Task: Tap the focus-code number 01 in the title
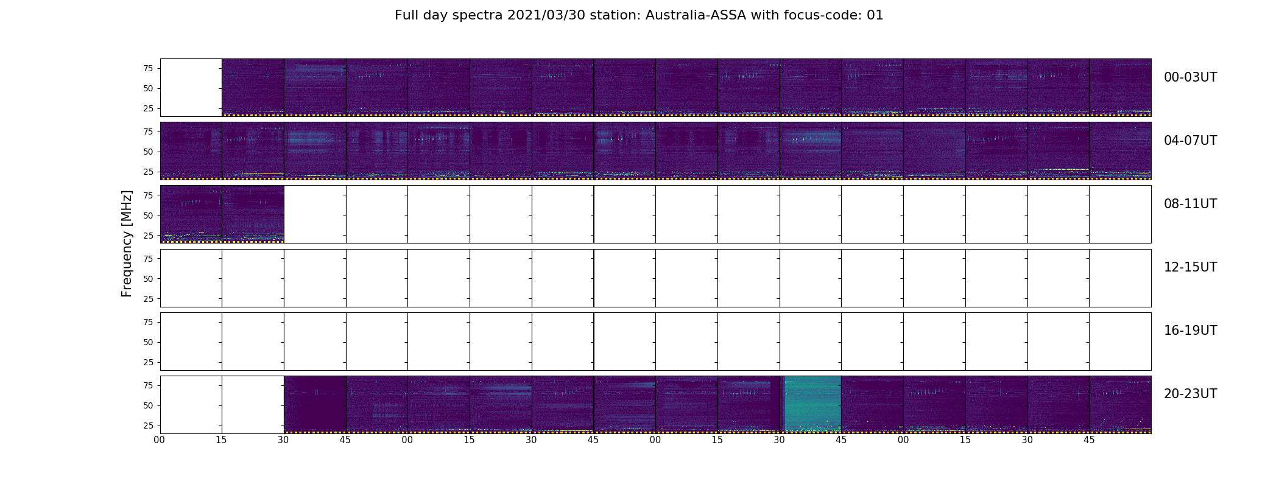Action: click(875, 15)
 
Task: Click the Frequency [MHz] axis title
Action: click(127, 243)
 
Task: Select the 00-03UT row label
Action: click(1190, 77)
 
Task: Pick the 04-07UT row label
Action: click(1190, 141)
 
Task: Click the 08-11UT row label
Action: click(1190, 204)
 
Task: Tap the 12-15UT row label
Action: click(1190, 267)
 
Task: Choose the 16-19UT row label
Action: click(1190, 331)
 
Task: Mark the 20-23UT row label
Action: click(1190, 394)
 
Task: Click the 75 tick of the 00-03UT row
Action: click(147, 68)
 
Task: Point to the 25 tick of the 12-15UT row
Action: click(147, 299)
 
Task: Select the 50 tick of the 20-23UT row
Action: click(147, 405)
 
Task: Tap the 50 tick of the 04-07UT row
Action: click(147, 152)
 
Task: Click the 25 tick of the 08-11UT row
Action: click(147, 235)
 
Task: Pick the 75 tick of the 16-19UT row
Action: click(147, 322)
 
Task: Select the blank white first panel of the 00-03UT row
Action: click(191, 87)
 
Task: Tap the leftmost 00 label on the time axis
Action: click(160, 440)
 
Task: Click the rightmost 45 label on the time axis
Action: click(1089, 440)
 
